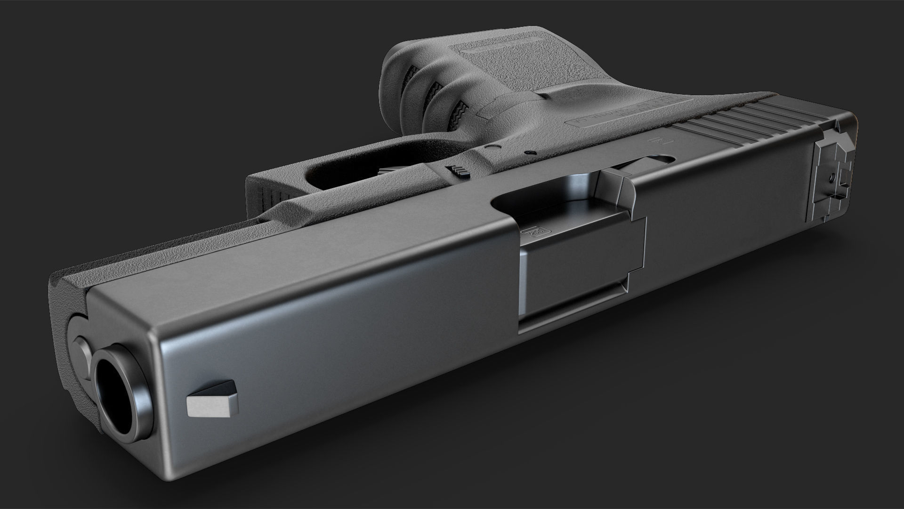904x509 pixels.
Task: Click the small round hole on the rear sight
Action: [832, 178]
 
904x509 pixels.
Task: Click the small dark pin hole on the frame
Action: [531, 153]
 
